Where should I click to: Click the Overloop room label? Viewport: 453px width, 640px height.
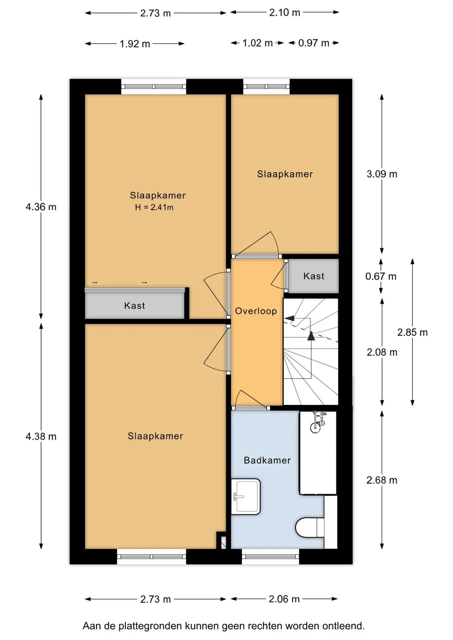coord(256,311)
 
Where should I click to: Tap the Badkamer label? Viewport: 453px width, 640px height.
coord(267,460)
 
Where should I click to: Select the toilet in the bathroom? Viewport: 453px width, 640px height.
coord(310,527)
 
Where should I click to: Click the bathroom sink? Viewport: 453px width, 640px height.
coord(246,497)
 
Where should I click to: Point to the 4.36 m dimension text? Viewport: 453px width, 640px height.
coord(41,207)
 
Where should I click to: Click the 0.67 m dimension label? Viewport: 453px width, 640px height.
coord(381,276)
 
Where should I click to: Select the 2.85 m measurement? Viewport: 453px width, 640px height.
coord(412,332)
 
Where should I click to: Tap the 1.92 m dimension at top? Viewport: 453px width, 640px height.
coord(135,44)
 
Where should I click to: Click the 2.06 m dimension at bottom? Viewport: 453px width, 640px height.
coord(284,599)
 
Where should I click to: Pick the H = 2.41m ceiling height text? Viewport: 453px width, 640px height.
coord(154,207)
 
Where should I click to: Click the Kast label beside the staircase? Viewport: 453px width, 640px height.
coord(314,276)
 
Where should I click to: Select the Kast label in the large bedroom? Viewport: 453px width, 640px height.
coord(134,306)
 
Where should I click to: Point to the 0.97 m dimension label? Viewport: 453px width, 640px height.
coord(314,43)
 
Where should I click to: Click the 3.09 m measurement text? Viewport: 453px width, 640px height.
coord(382,174)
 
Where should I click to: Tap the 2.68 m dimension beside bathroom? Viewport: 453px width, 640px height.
coord(382,480)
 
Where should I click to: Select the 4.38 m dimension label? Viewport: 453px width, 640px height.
coord(41,436)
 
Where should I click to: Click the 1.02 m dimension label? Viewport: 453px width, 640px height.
coord(258,43)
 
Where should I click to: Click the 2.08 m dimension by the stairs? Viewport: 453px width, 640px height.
coord(382,352)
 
